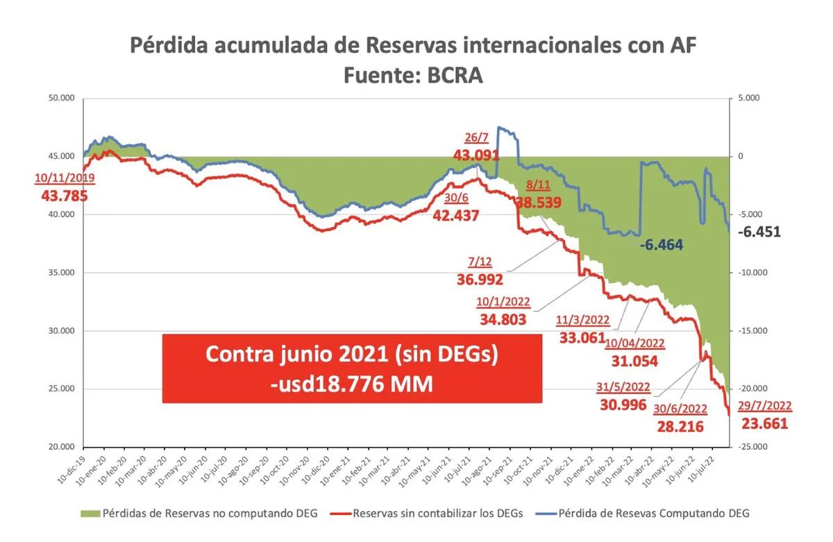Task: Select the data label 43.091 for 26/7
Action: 476,154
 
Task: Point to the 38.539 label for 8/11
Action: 538,203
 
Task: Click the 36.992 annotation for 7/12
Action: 480,279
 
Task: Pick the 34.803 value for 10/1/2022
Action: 503,319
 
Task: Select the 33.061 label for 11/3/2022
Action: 582,337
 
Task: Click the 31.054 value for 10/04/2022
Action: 634,361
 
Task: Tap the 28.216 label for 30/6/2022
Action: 680,425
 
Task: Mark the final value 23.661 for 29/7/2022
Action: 764,423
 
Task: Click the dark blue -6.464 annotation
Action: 662,245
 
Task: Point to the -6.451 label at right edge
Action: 759,232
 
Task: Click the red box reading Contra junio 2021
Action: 352,369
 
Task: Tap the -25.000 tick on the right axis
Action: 751,447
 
